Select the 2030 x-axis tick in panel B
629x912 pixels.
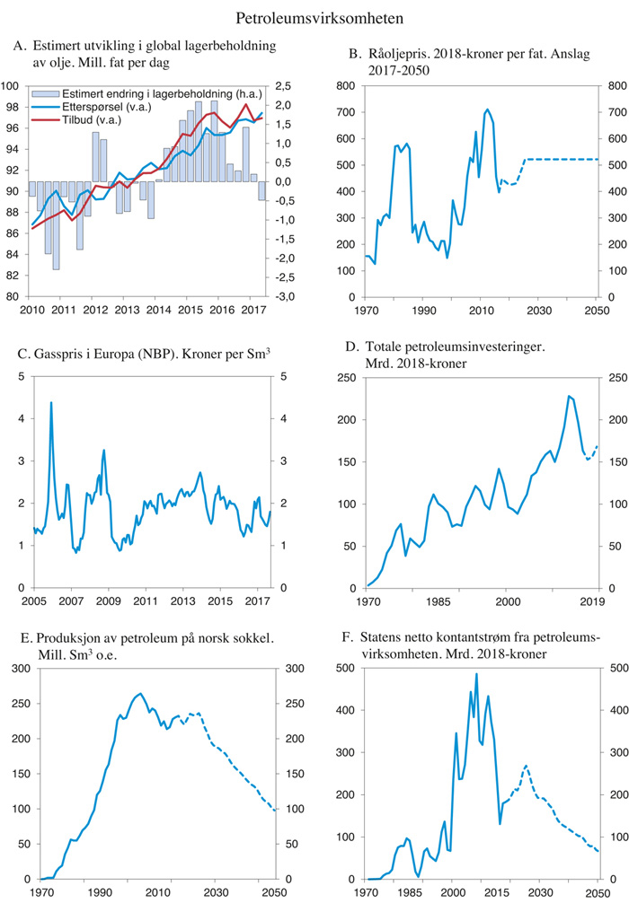[538, 311]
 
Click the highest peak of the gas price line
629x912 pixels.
[51, 402]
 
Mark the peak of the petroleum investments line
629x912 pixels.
[568, 396]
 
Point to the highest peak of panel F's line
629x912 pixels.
[476, 673]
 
